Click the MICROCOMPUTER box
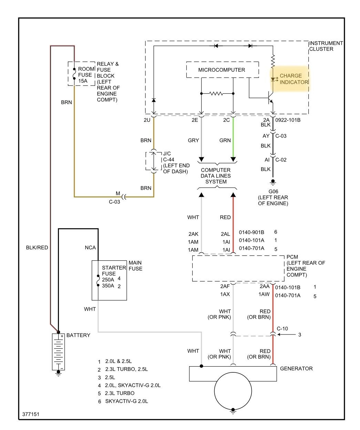[222, 70]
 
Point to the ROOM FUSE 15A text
[85, 75]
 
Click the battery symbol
[58, 351]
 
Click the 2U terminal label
[147, 120]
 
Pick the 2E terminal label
[195, 120]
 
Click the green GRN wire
[233, 138]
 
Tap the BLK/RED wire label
[37, 248]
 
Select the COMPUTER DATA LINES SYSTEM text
[216, 176]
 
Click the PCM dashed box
[238, 268]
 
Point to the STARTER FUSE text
[114, 271]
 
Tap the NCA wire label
[90, 248]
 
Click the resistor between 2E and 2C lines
[217, 93]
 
